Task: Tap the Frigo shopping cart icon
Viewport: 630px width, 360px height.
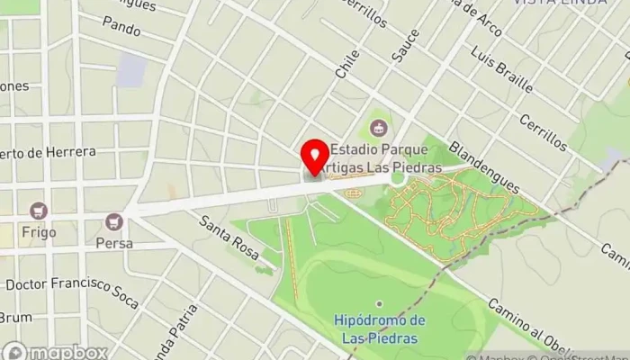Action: point(38,211)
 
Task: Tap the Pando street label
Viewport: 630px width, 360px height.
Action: point(121,30)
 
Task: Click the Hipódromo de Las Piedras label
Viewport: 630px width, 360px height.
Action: point(379,329)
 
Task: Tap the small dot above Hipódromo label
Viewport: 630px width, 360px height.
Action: point(379,304)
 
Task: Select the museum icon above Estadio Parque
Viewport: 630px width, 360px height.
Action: point(377,126)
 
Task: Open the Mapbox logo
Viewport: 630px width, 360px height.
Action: point(54,351)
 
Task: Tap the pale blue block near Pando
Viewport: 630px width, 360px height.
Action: point(131,70)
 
